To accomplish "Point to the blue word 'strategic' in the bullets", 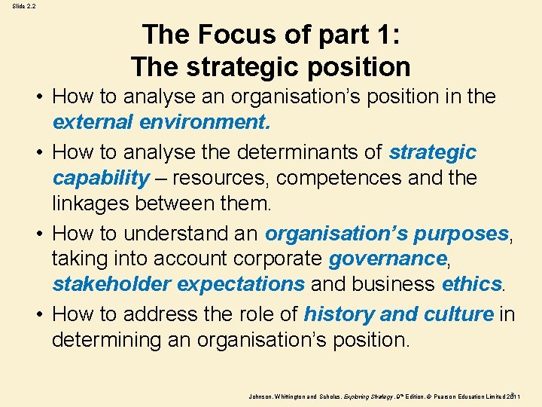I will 432,152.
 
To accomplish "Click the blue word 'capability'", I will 100,178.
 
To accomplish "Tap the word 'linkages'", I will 96,203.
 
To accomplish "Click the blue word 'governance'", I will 388,259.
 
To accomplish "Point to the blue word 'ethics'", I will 471,283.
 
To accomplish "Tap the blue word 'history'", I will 338,314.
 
